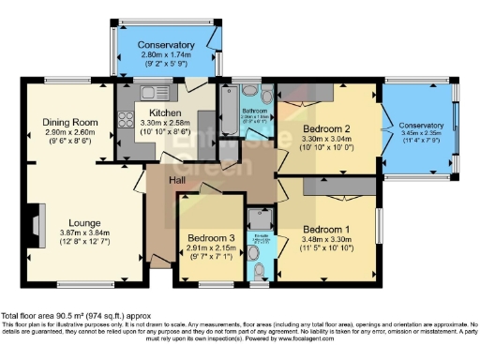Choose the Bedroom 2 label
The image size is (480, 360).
click(327, 129)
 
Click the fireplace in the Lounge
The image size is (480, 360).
click(36, 225)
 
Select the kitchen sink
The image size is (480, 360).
click(150, 92)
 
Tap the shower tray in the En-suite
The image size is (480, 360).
click(257, 217)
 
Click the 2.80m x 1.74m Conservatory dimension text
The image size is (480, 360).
click(166, 55)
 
